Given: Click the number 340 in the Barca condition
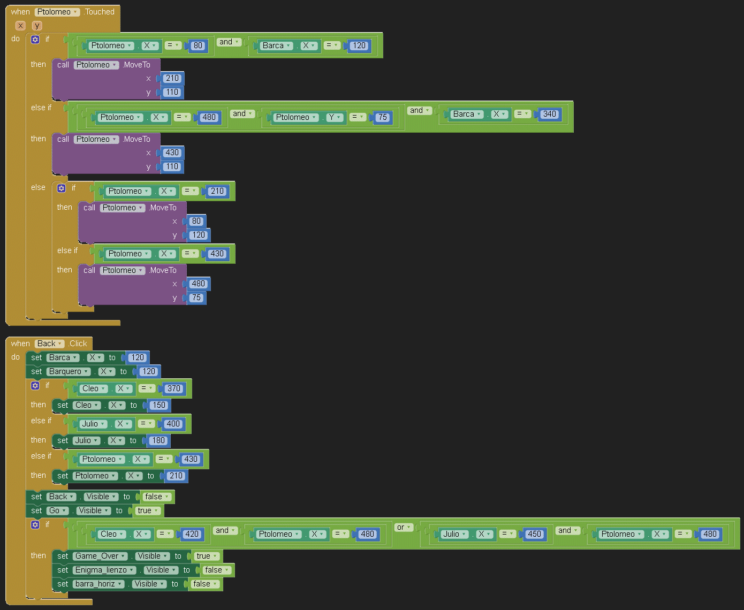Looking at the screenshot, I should [x=549, y=114].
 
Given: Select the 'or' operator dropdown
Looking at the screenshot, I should [x=404, y=527].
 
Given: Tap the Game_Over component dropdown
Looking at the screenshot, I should [x=101, y=556].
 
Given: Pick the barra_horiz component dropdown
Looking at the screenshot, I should [x=99, y=584].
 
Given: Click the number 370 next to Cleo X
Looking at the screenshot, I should [x=174, y=388].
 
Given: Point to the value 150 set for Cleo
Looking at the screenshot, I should [x=159, y=405].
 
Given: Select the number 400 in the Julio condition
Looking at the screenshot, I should [x=173, y=424].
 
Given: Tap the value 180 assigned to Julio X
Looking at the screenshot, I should [x=158, y=440].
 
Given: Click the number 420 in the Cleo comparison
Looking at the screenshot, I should [x=192, y=534].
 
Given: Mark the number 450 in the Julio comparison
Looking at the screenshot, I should [x=534, y=534].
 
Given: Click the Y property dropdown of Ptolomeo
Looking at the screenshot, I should [x=335, y=117].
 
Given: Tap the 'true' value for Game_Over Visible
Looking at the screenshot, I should [x=207, y=556].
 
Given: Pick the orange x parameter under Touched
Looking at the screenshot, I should [x=20, y=25].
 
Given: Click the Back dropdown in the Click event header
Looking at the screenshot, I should [x=50, y=344].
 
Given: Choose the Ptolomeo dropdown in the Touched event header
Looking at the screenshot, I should [x=58, y=12].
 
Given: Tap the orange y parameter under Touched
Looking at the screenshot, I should [x=37, y=25].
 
